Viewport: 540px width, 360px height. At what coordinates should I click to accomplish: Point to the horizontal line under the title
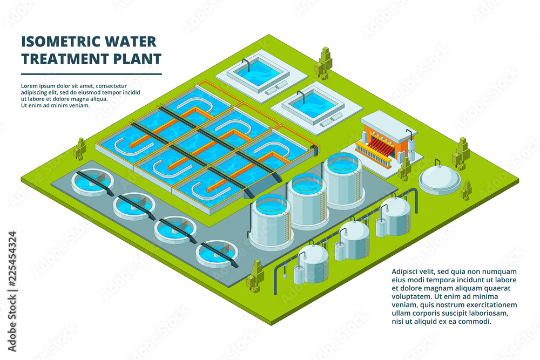[x=91, y=74]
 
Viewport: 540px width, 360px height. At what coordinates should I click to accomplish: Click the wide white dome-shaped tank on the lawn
[x=440, y=178]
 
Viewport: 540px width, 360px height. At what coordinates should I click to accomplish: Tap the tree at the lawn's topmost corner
[x=325, y=63]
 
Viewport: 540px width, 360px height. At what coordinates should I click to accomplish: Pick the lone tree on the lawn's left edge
[x=80, y=148]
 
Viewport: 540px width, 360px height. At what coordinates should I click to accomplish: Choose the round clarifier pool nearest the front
[x=217, y=253]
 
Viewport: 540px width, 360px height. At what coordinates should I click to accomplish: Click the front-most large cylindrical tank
[x=271, y=220]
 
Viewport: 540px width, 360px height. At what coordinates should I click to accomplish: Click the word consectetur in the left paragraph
[x=107, y=86]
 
